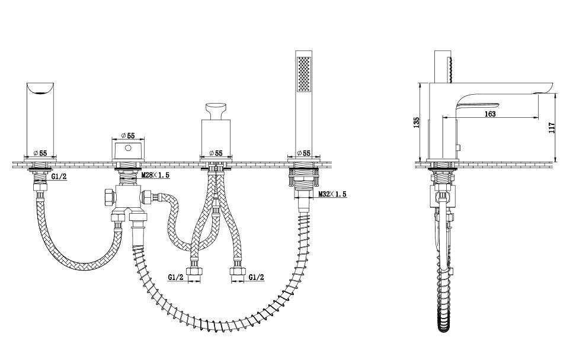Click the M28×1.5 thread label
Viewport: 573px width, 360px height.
click(155, 175)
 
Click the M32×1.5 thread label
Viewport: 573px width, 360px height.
click(332, 194)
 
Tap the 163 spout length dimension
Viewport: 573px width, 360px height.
click(489, 114)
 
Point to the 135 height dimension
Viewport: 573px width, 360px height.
click(417, 123)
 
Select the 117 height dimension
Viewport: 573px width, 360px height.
click(552, 127)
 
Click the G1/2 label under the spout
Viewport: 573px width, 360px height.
click(59, 176)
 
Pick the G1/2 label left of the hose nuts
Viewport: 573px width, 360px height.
click(175, 278)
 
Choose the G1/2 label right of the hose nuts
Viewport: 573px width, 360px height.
click(256, 278)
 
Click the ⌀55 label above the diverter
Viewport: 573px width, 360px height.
click(128, 136)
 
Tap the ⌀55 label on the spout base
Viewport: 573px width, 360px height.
click(40, 153)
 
